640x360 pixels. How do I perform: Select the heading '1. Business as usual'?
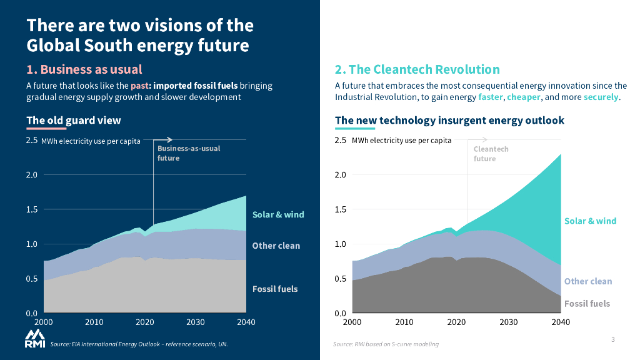point(84,69)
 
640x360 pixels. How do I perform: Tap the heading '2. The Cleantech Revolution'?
point(417,69)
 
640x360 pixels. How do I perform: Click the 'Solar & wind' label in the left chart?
point(278,214)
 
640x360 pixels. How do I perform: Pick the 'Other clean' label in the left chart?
point(276,246)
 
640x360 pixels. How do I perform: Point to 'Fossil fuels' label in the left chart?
point(275,289)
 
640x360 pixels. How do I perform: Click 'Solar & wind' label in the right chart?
point(590,221)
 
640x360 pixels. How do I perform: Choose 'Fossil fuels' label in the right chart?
point(587,304)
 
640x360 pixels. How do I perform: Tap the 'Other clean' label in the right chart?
point(588,281)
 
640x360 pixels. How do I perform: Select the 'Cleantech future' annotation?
point(491,154)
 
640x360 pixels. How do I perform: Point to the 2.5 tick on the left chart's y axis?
point(32,141)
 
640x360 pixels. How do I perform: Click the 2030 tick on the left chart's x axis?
point(196,322)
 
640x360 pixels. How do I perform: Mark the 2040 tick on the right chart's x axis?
point(560,322)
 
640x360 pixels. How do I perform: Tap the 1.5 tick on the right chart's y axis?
point(341,209)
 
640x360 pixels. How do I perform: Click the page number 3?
point(613,339)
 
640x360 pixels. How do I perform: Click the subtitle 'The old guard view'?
point(74,120)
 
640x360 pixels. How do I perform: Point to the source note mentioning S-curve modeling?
point(386,344)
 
